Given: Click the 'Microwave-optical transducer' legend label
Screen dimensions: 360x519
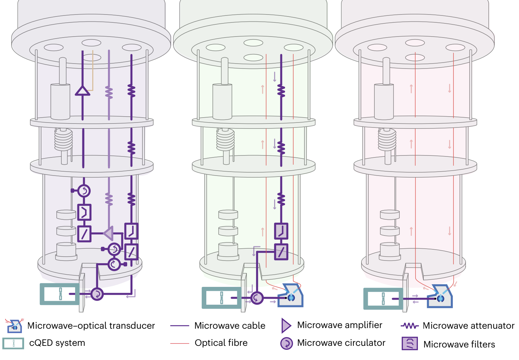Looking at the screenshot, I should coord(91,326).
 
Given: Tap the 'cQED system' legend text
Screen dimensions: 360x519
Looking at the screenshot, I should coord(57,343).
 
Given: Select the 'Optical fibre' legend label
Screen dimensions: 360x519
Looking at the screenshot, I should coord(221,343).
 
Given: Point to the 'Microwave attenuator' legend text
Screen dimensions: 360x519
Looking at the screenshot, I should coord(468,326).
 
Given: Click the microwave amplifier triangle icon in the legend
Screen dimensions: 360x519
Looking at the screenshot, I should coord(286,326).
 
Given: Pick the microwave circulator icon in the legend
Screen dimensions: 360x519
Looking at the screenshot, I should coord(286,343).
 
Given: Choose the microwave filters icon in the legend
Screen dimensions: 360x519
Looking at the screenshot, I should coord(410,344).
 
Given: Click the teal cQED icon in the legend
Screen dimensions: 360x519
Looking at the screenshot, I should coord(13,344).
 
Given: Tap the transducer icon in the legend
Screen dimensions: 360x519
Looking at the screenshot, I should coord(14,326).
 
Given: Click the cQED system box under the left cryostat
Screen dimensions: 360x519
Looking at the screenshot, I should coord(60,294).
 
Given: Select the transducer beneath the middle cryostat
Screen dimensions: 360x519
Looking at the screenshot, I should coord(290,296).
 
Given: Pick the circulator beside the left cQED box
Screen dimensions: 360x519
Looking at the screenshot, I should coord(97,294).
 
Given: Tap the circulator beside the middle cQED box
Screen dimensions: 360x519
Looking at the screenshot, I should coord(257,298).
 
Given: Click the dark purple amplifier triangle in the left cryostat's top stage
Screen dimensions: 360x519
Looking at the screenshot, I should coord(82,91).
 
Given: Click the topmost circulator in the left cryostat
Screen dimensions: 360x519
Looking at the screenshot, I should coord(84,190).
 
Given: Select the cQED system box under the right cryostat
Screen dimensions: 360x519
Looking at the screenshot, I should coord(383,299).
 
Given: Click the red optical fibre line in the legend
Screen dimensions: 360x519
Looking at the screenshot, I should coord(180,343).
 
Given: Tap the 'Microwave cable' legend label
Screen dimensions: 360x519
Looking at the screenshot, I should coord(230,326).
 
